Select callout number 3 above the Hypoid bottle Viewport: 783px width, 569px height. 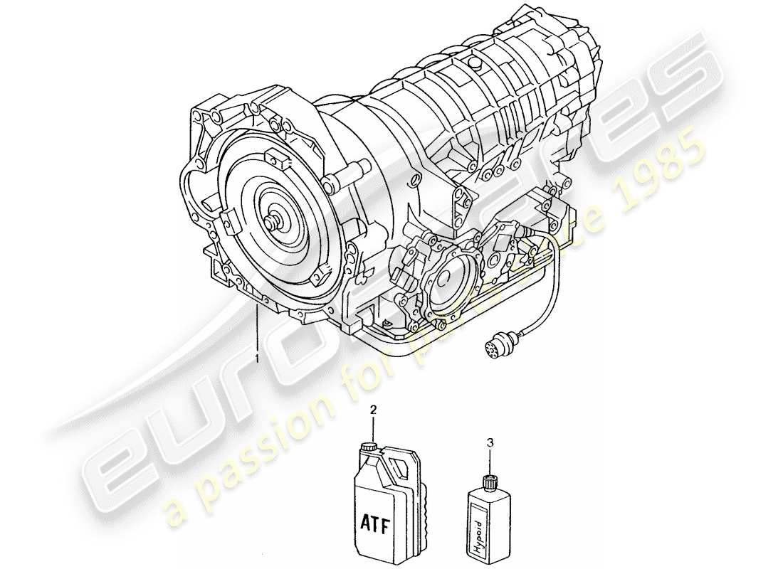(488, 442)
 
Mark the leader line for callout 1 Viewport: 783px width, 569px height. (258, 327)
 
